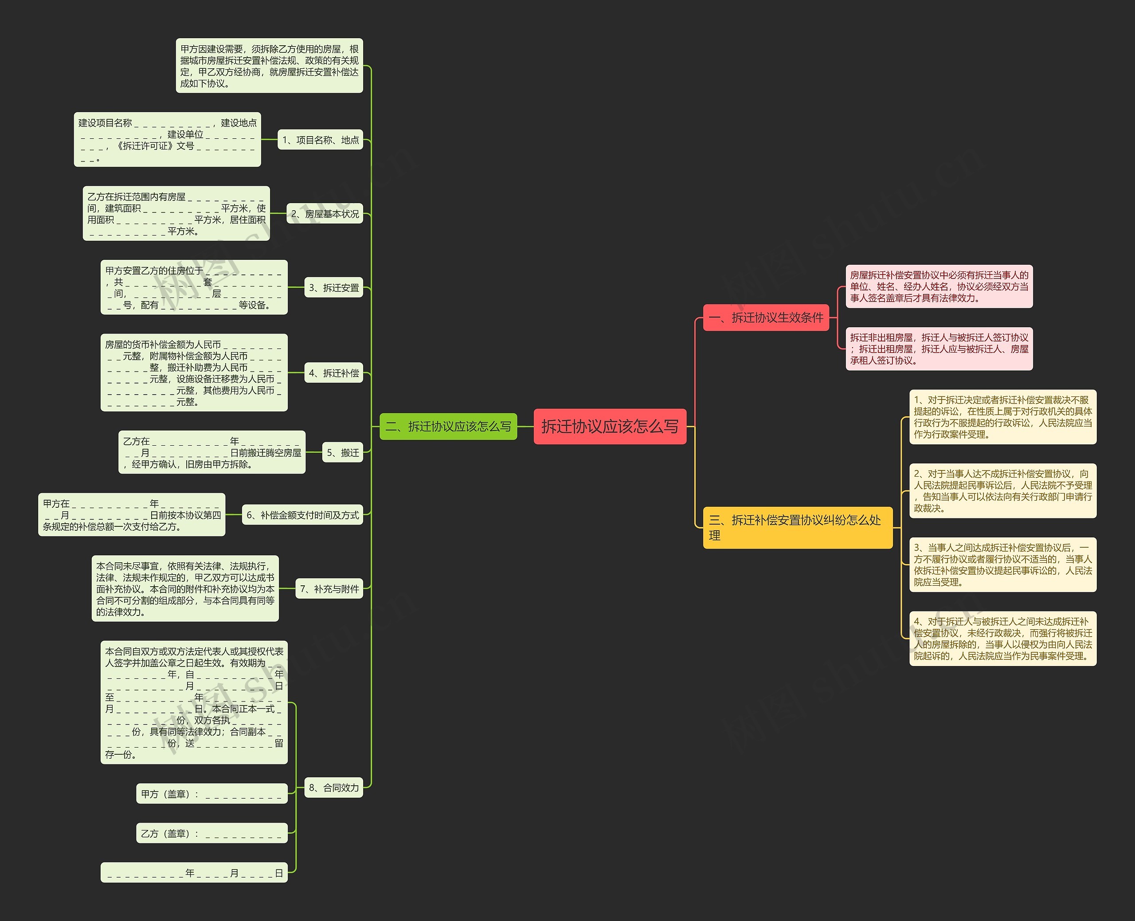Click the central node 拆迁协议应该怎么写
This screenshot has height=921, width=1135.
(610, 426)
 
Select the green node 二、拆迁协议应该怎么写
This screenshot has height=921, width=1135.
(448, 426)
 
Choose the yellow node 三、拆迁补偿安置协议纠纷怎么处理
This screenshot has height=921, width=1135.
(797, 527)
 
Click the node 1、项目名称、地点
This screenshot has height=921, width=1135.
(321, 140)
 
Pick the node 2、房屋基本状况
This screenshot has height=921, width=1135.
(325, 213)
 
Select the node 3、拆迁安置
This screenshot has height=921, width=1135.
(333, 287)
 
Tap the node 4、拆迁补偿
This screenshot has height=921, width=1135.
(333, 373)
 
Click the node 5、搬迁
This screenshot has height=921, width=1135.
(343, 453)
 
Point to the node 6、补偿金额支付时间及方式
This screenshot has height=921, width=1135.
(302, 515)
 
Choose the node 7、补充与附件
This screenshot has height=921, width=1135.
(329, 588)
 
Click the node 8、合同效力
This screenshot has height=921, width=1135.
(333, 788)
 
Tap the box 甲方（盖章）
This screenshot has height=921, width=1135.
(211, 794)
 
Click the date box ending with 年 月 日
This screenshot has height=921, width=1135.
(194, 873)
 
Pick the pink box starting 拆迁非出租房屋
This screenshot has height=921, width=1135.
(939, 349)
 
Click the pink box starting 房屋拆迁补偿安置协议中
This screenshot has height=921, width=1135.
(939, 286)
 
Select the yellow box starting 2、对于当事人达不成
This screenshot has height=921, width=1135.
(1002, 491)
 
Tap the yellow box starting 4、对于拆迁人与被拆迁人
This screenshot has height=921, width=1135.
(1002, 638)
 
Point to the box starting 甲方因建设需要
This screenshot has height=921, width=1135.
(270, 66)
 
